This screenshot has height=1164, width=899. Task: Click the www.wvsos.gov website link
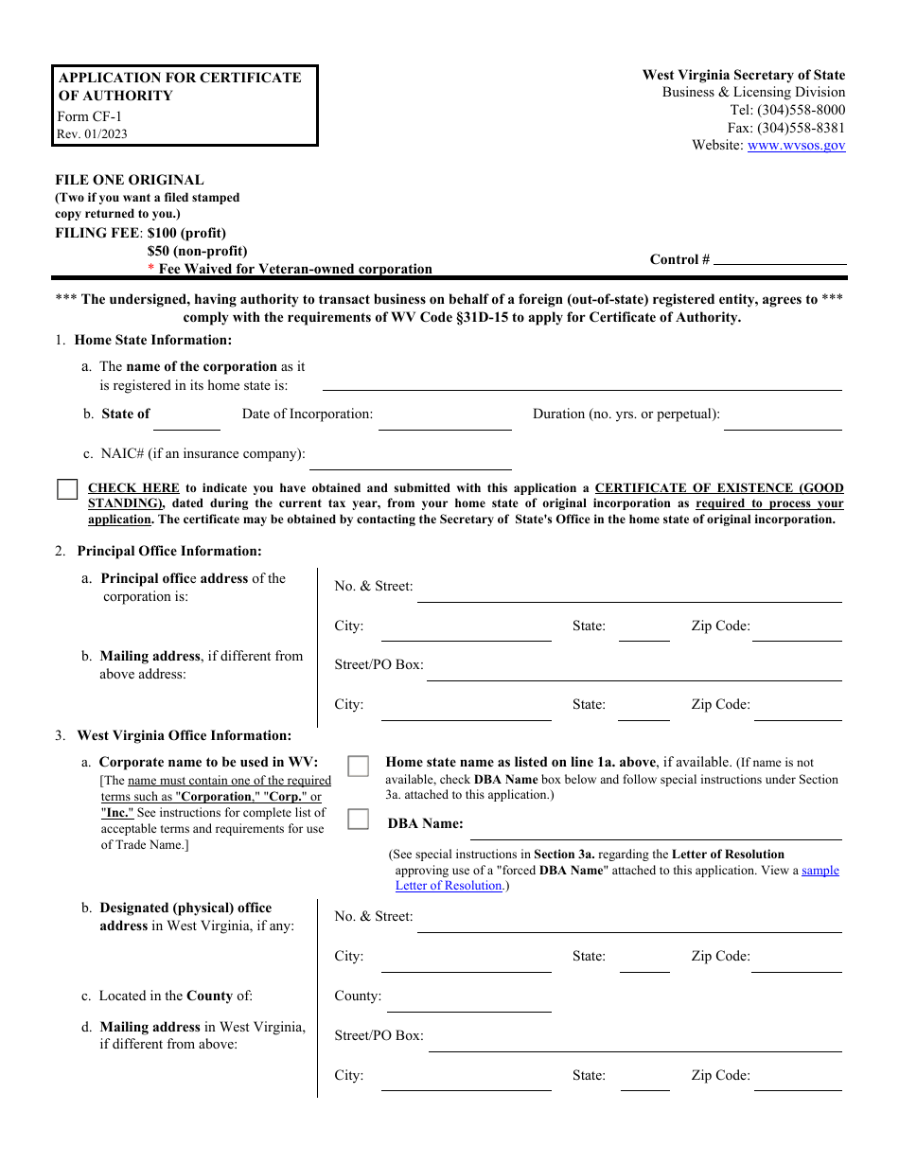pos(796,146)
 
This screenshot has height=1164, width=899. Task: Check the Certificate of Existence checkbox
pos(67,489)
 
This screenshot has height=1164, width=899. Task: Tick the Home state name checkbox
pos(358,766)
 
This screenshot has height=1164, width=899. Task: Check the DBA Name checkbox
pos(358,820)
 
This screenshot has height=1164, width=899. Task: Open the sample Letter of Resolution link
pos(820,871)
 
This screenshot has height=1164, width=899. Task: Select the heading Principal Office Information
pos(169,551)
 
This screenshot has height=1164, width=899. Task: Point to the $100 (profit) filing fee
pos(186,233)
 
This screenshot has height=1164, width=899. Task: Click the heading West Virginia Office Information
pos(184,735)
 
